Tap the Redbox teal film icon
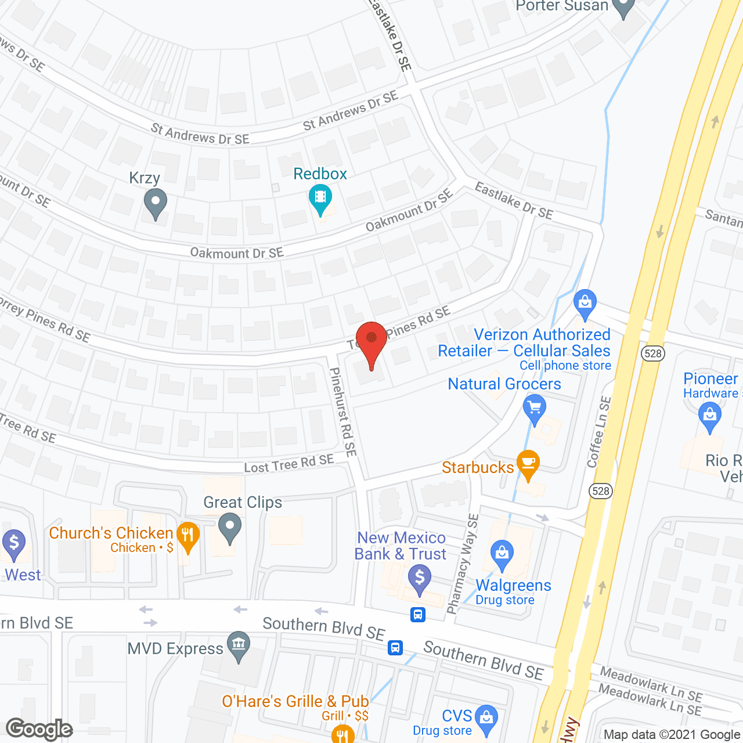(x=320, y=197)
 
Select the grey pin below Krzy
(x=155, y=204)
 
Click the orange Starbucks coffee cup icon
(x=528, y=463)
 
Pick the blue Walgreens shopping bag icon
(x=502, y=553)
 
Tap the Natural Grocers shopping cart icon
(x=535, y=407)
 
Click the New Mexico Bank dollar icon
(x=419, y=579)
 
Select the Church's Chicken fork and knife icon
(x=187, y=535)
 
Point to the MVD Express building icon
(x=238, y=645)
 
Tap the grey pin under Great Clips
(x=230, y=528)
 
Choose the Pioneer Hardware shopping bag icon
(x=709, y=416)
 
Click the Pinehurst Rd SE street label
(x=342, y=412)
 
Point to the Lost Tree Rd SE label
(x=289, y=464)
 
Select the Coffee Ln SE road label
(x=599, y=432)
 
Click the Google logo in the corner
(x=39, y=729)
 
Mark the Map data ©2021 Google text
(x=672, y=735)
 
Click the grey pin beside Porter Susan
(x=624, y=8)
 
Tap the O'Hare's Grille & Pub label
(x=295, y=702)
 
